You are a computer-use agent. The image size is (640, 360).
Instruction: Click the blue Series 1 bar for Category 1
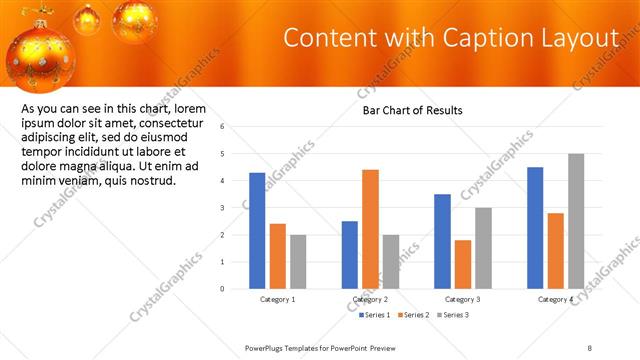click(257, 230)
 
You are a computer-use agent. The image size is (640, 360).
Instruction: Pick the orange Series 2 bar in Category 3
click(462, 264)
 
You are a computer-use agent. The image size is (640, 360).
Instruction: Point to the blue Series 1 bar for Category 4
click(535, 227)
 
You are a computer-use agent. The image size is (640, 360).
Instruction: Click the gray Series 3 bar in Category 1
click(298, 261)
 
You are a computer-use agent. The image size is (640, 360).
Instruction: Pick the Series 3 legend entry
click(452, 315)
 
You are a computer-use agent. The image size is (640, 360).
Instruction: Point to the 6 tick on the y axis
click(236, 127)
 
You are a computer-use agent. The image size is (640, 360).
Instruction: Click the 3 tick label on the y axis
click(236, 208)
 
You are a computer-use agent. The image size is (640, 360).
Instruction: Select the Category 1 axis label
click(277, 300)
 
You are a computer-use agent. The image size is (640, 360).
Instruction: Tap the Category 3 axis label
click(463, 300)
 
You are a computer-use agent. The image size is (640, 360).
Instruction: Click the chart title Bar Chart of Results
click(412, 110)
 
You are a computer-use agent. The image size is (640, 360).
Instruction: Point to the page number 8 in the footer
click(590, 347)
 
